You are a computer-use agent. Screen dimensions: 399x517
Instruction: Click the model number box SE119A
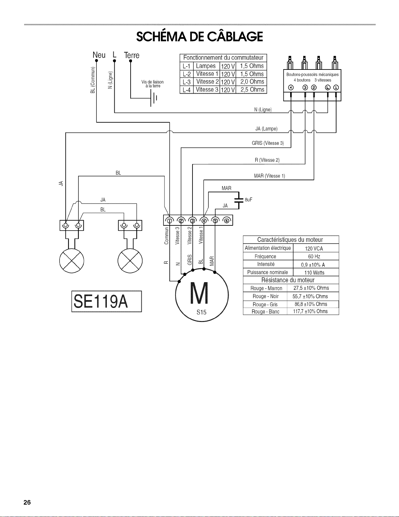tap(107, 301)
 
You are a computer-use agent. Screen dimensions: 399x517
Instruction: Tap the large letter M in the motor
tap(199, 293)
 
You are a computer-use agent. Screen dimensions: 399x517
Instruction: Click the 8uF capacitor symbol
tap(239, 200)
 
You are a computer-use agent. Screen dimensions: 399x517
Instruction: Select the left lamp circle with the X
tap(71, 261)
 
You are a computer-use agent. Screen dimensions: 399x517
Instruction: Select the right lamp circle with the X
tap(130, 261)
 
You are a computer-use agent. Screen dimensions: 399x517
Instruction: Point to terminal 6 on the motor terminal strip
tap(227, 221)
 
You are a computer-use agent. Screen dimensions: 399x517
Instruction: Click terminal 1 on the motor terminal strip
tap(170, 221)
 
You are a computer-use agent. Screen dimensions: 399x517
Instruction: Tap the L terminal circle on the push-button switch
tap(328, 87)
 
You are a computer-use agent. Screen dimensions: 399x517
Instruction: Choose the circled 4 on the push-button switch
tap(291, 87)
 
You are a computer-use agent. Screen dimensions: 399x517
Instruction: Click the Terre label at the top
tap(132, 55)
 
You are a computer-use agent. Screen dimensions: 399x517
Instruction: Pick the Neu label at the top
tap(99, 55)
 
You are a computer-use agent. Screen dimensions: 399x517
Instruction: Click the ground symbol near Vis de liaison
tap(153, 98)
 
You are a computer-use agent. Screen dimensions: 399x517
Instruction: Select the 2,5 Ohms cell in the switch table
tap(252, 90)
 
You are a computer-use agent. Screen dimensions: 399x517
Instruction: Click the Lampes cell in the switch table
tap(206, 66)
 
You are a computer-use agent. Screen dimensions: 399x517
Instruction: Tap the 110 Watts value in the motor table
tap(314, 273)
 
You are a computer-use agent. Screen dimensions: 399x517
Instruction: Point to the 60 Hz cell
tap(314, 256)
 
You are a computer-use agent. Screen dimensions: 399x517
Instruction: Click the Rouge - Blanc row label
tap(265, 312)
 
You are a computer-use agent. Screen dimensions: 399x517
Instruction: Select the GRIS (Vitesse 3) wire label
tap(268, 143)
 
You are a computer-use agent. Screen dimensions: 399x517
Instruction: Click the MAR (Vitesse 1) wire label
tap(269, 176)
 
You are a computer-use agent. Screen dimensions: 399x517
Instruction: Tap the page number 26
tap(27, 502)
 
